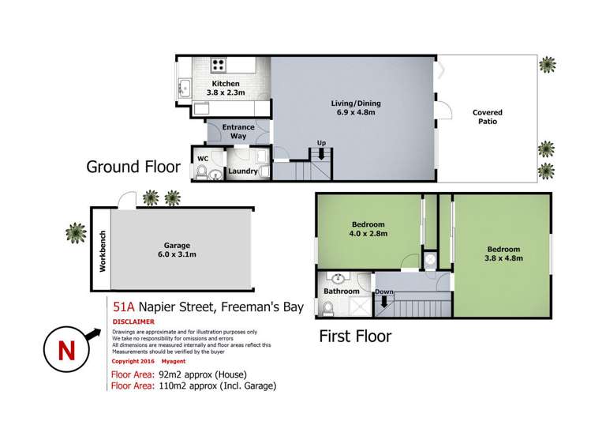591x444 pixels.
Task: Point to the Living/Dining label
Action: click(352, 107)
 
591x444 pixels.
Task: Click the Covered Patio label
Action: click(487, 118)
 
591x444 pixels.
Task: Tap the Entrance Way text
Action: click(238, 131)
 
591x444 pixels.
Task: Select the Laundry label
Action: click(242, 171)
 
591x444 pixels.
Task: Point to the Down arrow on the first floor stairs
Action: click(385, 299)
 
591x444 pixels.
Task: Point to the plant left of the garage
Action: click(76, 231)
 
